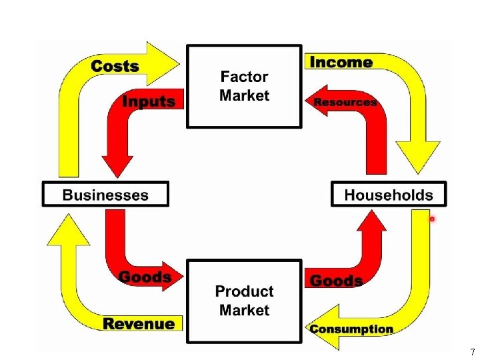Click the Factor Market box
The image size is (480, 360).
tap(244, 86)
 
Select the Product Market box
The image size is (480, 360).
tap(244, 301)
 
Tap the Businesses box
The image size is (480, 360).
tap(105, 195)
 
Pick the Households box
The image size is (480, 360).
tap(389, 195)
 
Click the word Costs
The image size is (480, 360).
tap(115, 66)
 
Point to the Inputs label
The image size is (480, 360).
tap(149, 102)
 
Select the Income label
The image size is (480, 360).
tap(341, 63)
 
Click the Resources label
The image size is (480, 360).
tap(345, 102)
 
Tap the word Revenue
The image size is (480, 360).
tap(139, 324)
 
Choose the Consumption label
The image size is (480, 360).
tap(351, 329)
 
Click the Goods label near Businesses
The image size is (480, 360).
tap(145, 277)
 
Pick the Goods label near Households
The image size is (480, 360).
tap(337, 281)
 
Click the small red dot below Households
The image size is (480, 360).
tap(432, 219)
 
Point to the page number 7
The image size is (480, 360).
tap(472, 352)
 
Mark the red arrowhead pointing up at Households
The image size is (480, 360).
tap(371, 224)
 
